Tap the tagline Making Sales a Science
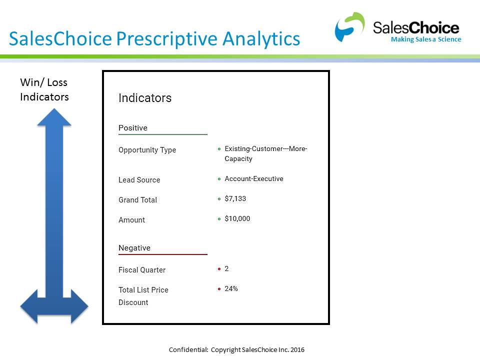pyautogui.click(x=426, y=39)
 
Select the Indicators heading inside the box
pyautogui.click(x=145, y=98)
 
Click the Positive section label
pyautogui.click(x=133, y=128)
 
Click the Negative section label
pyautogui.click(x=134, y=248)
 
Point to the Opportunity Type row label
pyautogui.click(x=147, y=150)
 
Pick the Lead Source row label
pyautogui.click(x=139, y=180)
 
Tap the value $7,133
pyautogui.click(x=235, y=198)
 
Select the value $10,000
pyautogui.click(x=237, y=218)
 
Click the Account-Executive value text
pyautogui.click(x=254, y=178)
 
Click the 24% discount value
pyautogui.click(x=231, y=288)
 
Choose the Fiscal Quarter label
pyautogui.click(x=142, y=270)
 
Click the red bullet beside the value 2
pyautogui.click(x=219, y=269)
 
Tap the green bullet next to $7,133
pyautogui.click(x=219, y=199)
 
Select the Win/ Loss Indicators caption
pyautogui.click(x=44, y=89)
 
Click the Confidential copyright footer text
pyautogui.click(x=236, y=349)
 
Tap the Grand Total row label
pyautogui.click(x=137, y=200)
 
